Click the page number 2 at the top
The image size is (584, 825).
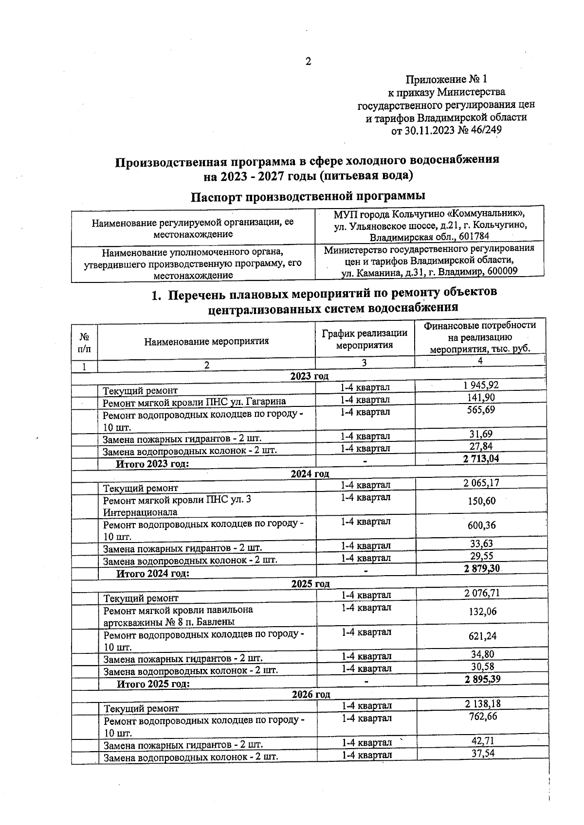(x=308, y=62)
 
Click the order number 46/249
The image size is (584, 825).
(x=484, y=130)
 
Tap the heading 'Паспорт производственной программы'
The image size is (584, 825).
(x=308, y=196)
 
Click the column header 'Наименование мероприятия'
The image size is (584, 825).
(x=206, y=341)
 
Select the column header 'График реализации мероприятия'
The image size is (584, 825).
(x=365, y=339)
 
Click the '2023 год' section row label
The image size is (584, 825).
(x=309, y=376)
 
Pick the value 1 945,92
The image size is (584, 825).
(x=481, y=386)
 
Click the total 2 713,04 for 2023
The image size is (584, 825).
(x=481, y=458)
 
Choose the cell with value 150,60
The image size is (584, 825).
(x=482, y=501)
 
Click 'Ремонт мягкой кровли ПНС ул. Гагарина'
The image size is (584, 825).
(x=194, y=402)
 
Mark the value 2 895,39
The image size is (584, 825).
(x=482, y=679)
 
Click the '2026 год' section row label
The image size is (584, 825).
(x=310, y=695)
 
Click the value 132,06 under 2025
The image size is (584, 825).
(x=482, y=612)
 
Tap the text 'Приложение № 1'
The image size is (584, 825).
(x=446, y=79)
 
